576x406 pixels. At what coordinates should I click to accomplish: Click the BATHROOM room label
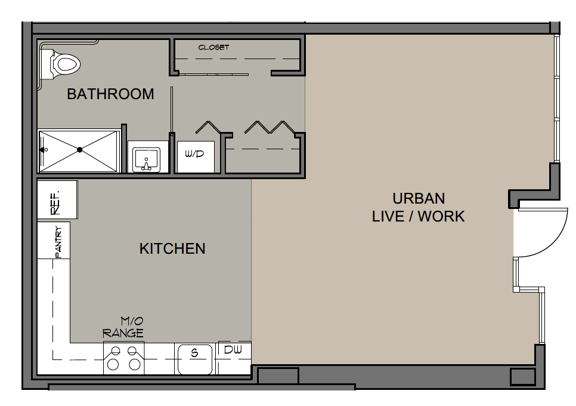[110, 94]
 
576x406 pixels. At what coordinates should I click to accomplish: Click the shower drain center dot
[80, 150]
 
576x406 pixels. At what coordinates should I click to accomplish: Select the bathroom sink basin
[147, 159]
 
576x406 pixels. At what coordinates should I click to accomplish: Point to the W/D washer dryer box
[196, 156]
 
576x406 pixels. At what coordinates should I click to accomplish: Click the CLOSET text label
[213, 47]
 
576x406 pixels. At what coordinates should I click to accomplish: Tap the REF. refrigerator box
[57, 199]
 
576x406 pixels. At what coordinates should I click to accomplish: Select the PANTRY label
[58, 242]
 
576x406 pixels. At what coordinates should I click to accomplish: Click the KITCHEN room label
[172, 249]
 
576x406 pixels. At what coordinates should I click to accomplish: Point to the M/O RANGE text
[123, 328]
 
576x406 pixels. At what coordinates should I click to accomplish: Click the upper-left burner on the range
[115, 351]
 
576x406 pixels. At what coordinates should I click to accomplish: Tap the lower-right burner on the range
[134, 364]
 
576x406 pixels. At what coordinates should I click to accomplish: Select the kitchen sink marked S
[195, 359]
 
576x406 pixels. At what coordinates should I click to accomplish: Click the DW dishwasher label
[233, 350]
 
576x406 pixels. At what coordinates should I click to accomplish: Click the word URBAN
[419, 199]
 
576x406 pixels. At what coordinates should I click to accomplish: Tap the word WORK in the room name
[442, 217]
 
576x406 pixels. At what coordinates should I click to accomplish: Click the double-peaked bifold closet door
[270, 127]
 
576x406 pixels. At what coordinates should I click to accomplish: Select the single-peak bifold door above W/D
[208, 127]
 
